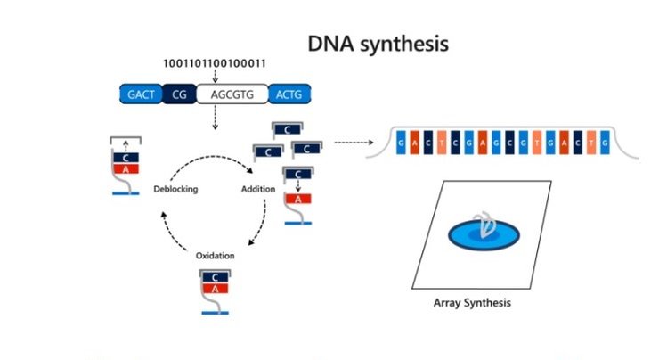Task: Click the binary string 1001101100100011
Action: coord(214,63)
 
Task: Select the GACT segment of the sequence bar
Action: coord(140,92)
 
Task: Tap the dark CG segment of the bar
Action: coord(178,92)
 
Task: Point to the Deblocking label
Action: coord(174,190)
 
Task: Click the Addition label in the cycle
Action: coord(259,190)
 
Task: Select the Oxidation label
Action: coord(215,256)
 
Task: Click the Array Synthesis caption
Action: coord(471,303)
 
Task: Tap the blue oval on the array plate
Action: coord(484,233)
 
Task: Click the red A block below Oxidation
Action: coord(216,288)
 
